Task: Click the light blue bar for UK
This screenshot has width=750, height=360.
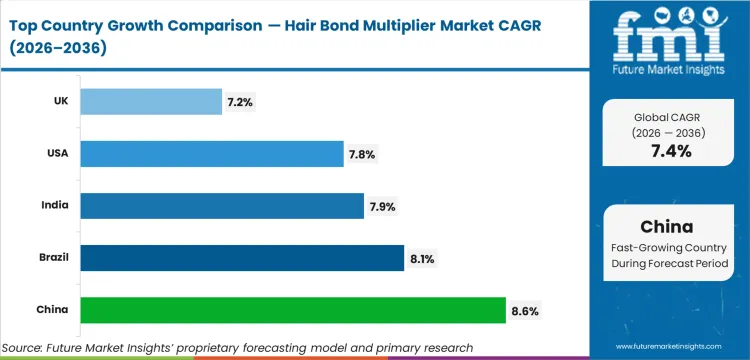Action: click(150, 101)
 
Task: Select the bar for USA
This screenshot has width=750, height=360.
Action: click(211, 153)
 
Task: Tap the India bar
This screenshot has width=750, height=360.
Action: click(221, 206)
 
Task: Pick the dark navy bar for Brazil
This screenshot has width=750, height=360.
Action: click(241, 258)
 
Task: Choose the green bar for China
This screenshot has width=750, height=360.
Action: click(292, 310)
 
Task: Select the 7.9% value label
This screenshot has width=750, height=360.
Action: click(383, 206)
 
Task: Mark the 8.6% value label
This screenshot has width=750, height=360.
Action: click(525, 311)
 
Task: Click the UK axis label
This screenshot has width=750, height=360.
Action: click(59, 101)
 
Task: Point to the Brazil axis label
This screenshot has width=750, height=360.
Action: click(52, 258)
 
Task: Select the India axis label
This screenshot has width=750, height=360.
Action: click(55, 206)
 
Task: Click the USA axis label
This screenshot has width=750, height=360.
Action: click(56, 153)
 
